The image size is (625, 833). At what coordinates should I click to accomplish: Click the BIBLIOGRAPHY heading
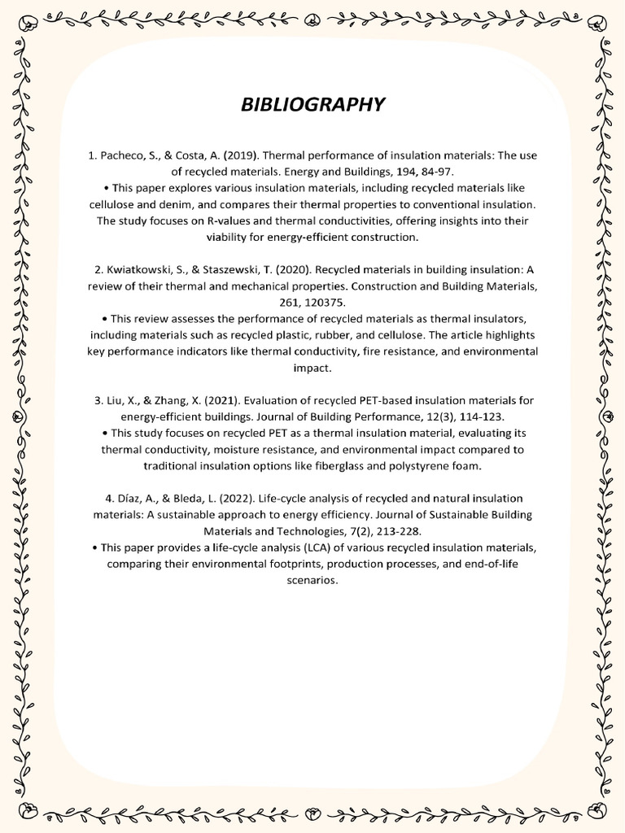(312, 105)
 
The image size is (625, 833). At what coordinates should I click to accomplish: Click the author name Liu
(117, 400)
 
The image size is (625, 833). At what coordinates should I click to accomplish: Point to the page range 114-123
(484, 416)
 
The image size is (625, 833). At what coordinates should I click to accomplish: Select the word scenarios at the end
(312, 581)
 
